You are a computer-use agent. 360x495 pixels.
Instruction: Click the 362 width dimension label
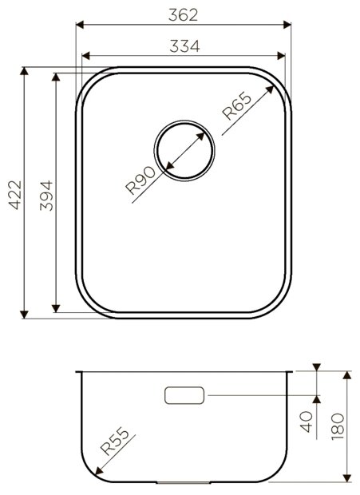(183, 14)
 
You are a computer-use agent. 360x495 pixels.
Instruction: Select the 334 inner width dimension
(184, 46)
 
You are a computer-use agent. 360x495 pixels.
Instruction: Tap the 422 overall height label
(15, 195)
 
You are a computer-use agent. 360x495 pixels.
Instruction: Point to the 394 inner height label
(46, 196)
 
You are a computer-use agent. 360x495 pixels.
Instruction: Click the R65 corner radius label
(237, 105)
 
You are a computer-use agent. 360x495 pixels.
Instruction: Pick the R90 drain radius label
(140, 180)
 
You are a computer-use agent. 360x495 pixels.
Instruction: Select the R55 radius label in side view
(115, 441)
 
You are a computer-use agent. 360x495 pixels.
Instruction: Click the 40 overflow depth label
(306, 422)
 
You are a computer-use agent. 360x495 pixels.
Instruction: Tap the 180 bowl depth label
(338, 427)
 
